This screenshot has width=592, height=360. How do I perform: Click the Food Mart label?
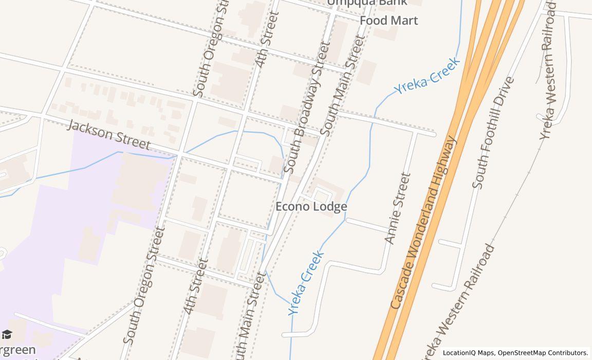click(388, 21)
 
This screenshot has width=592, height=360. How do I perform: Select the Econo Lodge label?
click(311, 206)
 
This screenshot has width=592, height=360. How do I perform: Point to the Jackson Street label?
click(108, 135)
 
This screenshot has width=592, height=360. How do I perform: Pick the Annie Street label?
click(398, 208)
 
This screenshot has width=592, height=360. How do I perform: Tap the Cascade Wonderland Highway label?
click(423, 222)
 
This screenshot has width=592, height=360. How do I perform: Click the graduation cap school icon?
click(7, 334)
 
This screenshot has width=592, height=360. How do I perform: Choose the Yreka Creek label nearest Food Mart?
click(427, 77)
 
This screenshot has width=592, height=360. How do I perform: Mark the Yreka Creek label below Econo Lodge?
click(306, 282)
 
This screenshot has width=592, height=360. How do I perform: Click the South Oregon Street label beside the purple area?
click(143, 286)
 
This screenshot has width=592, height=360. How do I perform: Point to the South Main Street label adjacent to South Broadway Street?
click(342, 86)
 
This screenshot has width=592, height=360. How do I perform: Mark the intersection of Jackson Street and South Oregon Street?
click(177, 155)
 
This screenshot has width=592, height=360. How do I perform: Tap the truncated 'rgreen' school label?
click(18, 350)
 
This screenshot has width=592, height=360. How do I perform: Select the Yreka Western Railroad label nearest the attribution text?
click(457, 303)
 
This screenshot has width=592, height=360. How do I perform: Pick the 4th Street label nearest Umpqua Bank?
click(267, 40)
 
